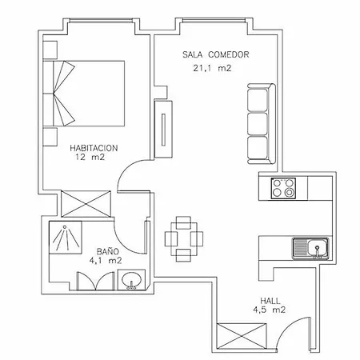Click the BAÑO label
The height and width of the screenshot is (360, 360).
tap(102, 250)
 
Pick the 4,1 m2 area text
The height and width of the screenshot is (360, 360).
tap(105, 260)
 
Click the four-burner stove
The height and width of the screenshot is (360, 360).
tap(282, 188)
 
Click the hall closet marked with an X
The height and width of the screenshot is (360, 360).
tap(241, 336)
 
